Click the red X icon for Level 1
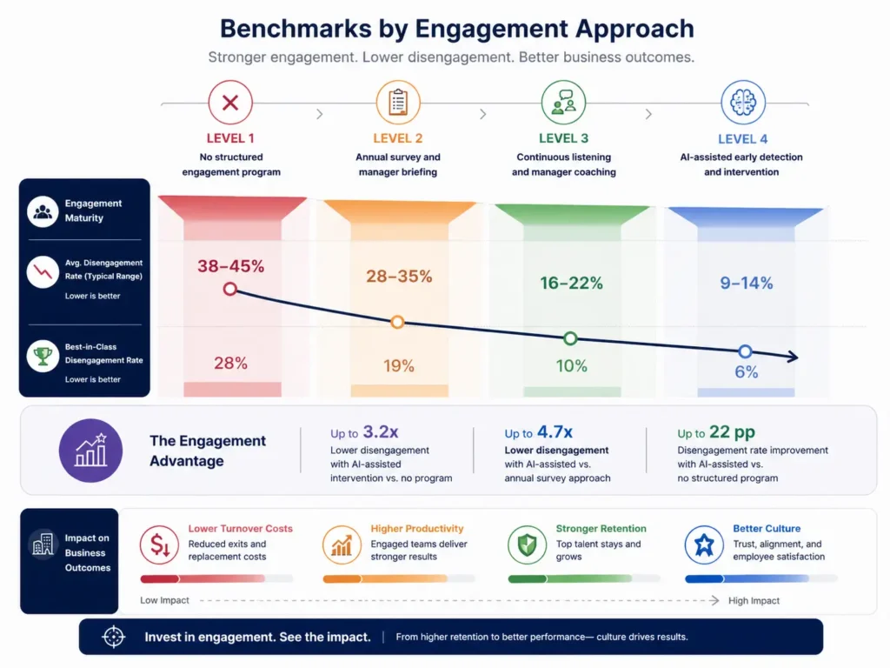click(x=230, y=104)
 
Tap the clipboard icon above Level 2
click(x=398, y=104)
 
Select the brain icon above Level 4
click(x=743, y=104)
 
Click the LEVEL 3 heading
click(x=563, y=138)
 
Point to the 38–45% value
click(x=230, y=266)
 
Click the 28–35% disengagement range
click(x=399, y=277)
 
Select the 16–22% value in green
click(x=571, y=283)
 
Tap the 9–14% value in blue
click(x=746, y=283)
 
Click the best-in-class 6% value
click(x=746, y=372)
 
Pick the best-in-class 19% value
click(x=399, y=366)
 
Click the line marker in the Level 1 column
click(x=230, y=289)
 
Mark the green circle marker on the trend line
click(x=570, y=338)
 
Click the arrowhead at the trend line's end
click(x=793, y=357)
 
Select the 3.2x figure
click(x=381, y=431)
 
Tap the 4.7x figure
click(x=555, y=431)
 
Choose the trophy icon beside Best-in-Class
click(x=41, y=356)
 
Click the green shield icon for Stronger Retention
click(x=527, y=545)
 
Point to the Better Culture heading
click(x=767, y=528)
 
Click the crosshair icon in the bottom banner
click(x=114, y=637)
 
